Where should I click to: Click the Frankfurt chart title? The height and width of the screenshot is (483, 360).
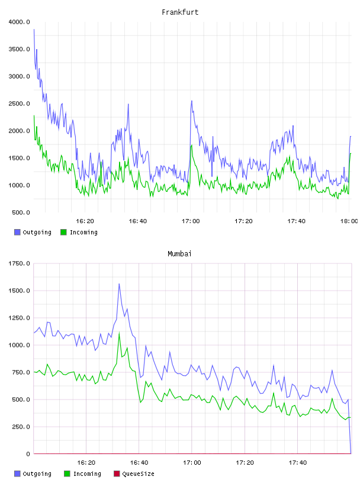click(x=180, y=12)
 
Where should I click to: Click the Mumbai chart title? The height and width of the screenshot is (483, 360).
click(x=179, y=254)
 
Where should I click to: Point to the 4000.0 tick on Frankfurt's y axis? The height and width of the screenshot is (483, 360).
click(x=19, y=22)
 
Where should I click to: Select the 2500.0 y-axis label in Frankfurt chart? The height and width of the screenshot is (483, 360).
click(x=19, y=104)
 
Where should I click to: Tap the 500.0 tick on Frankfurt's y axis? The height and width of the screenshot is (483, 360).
click(x=21, y=212)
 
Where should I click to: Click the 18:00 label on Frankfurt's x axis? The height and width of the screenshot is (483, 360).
click(x=349, y=221)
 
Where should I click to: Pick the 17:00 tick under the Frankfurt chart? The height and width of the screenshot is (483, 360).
click(x=191, y=221)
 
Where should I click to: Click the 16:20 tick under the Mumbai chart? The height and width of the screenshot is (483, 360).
click(x=86, y=463)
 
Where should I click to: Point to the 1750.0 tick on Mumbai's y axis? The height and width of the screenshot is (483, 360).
click(x=19, y=263)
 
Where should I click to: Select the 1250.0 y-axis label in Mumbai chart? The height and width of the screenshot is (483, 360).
click(x=19, y=318)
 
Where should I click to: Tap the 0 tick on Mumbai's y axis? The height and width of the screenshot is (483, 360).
click(x=28, y=454)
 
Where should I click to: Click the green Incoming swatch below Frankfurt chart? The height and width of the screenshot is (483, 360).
click(x=63, y=232)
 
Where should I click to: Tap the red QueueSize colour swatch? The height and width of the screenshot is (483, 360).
click(x=117, y=474)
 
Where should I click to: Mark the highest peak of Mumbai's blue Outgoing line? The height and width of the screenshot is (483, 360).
click(x=119, y=284)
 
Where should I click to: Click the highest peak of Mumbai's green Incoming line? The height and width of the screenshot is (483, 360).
click(x=119, y=333)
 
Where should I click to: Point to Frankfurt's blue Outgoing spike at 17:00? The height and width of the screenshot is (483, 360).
click(x=192, y=101)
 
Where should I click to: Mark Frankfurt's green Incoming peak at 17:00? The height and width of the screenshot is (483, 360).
click(x=192, y=145)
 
